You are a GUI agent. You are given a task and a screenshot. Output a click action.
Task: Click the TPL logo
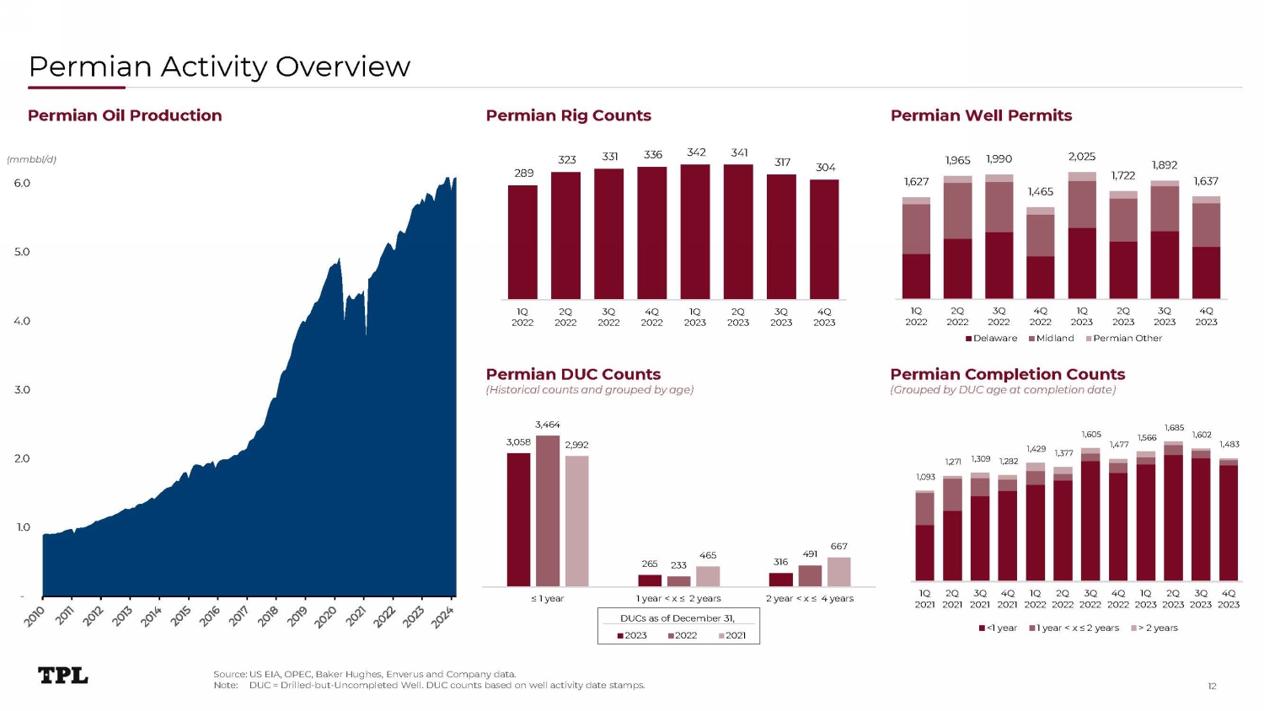coord(62,675)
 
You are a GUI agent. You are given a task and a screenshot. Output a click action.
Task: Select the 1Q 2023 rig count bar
coord(695,232)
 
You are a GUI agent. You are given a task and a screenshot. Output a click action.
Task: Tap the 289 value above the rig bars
coord(523,173)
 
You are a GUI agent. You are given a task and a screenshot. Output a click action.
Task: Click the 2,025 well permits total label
coord(1082,157)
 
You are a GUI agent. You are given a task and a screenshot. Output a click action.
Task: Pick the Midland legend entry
coord(1052,338)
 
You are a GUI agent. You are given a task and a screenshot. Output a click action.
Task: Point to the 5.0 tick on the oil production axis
coord(22,252)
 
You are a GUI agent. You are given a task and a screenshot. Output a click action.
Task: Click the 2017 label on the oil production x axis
coord(238,616)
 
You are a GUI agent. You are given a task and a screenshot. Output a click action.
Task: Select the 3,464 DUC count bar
coord(548,511)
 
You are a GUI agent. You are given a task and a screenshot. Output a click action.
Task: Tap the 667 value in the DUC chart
coord(838,546)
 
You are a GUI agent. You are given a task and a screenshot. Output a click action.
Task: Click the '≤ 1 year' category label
coord(548,598)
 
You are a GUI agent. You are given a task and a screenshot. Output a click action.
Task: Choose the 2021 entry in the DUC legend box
coord(732,635)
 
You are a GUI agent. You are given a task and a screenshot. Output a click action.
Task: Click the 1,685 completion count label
coord(1174,428)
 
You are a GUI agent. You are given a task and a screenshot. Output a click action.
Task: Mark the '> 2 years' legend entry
coord(1154,628)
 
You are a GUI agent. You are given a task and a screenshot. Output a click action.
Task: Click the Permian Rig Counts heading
coord(568,115)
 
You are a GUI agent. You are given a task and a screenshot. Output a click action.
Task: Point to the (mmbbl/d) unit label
coord(32,159)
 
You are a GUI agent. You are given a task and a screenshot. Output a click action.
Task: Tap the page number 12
coord(1212,687)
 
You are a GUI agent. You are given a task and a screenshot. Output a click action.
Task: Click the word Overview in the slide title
coord(342,67)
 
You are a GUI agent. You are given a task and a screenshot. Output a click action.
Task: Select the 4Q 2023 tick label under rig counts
coord(824,317)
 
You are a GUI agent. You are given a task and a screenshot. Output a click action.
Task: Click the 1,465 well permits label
coord(1040,192)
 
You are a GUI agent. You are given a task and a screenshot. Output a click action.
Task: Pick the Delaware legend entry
coord(991,338)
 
